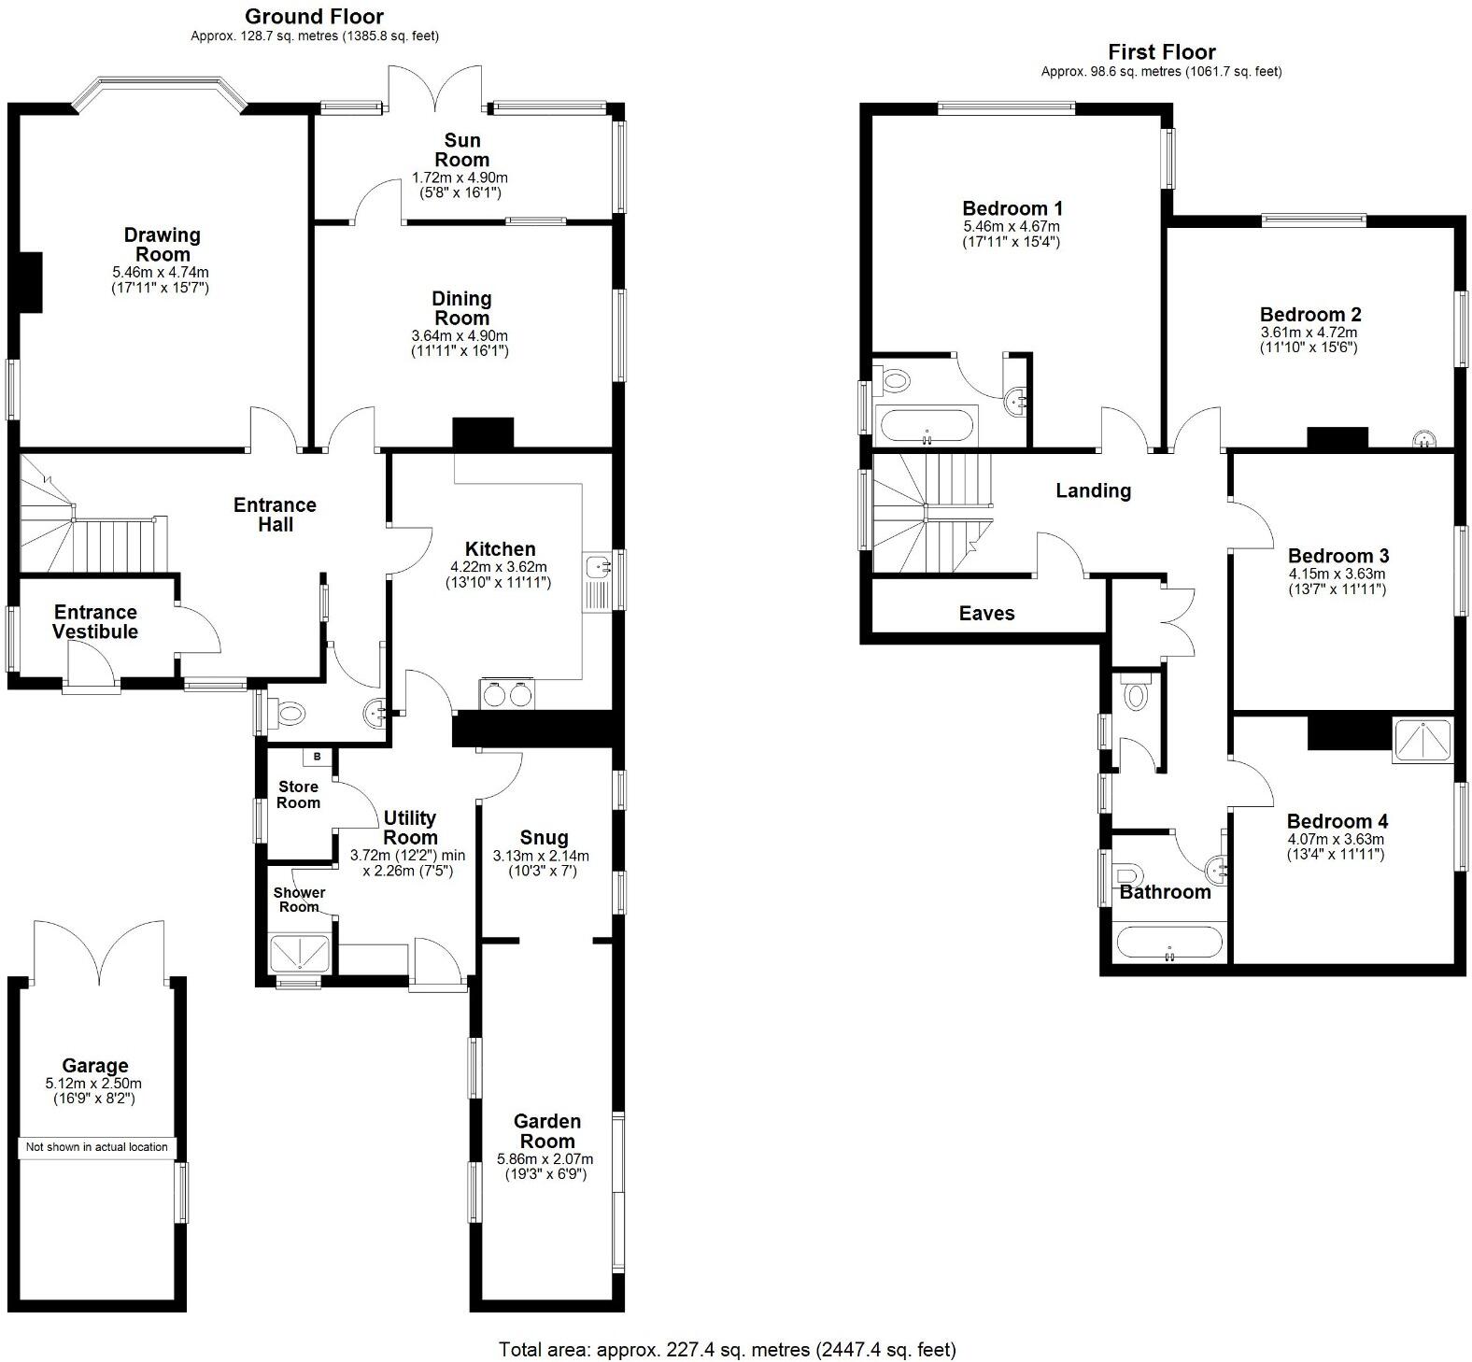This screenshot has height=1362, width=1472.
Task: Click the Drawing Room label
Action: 163,245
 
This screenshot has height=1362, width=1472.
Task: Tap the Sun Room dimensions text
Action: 460,185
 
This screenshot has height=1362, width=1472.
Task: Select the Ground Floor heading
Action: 314,17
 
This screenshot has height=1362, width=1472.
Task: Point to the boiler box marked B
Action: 317,756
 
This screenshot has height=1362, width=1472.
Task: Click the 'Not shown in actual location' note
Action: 97,1147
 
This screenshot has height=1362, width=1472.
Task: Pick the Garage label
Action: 95,1065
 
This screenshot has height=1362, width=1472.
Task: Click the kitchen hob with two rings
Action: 507,694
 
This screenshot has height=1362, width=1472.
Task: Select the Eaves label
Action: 986,613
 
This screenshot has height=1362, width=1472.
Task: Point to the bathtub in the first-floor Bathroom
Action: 1168,943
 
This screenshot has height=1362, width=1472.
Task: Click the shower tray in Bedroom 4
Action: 1422,741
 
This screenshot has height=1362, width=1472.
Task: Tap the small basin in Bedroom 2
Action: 1423,438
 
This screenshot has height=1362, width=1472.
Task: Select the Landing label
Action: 1093,490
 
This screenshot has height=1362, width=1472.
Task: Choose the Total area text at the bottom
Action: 727,1349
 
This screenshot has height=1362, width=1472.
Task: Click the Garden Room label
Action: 547,1130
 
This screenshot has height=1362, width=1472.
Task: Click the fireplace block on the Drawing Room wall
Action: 32,281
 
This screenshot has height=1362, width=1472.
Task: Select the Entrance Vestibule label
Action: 95,621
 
